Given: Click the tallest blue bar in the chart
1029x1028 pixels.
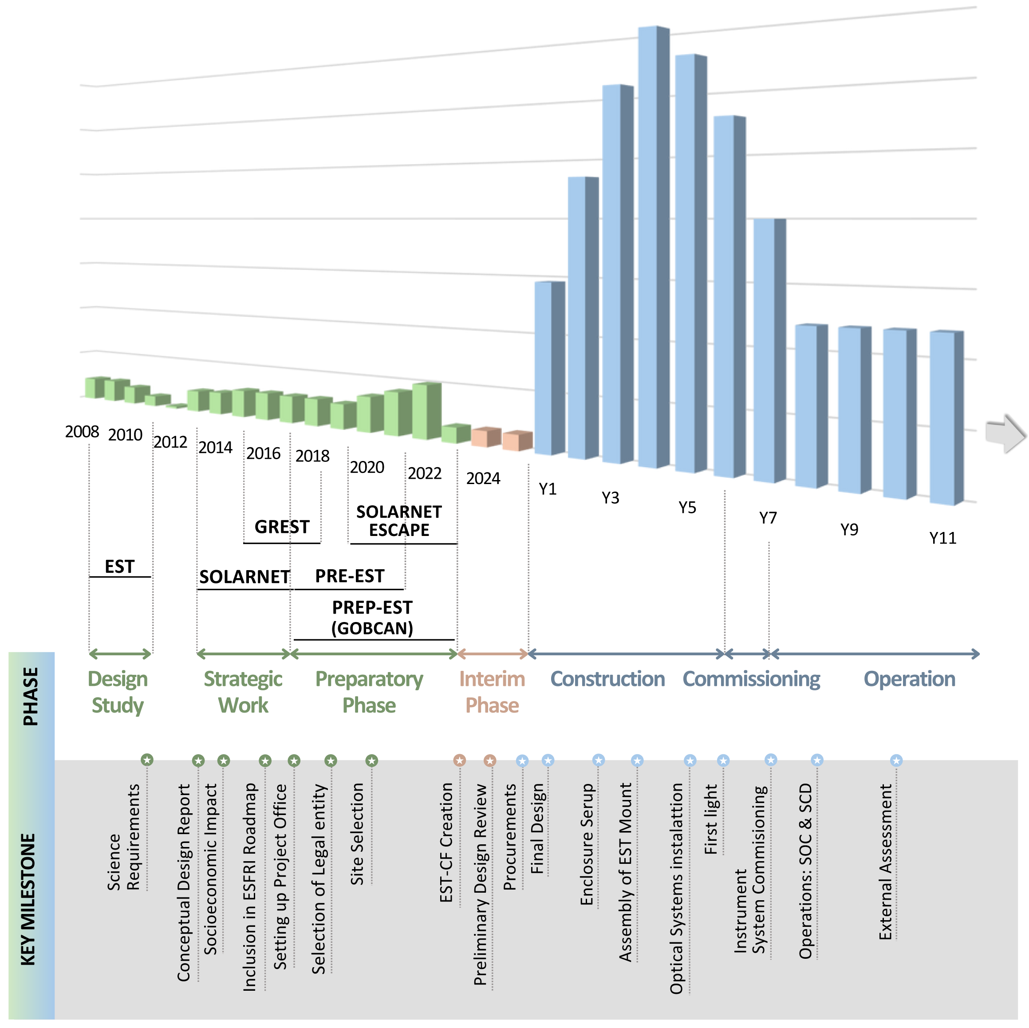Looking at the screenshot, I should (653, 245).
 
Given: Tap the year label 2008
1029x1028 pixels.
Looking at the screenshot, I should (82, 431).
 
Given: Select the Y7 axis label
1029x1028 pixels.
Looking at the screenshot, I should (768, 518).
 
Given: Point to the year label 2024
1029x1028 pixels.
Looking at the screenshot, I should (483, 478).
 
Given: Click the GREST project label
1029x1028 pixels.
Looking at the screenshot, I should (282, 527).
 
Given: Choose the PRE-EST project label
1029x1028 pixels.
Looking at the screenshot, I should (349, 576).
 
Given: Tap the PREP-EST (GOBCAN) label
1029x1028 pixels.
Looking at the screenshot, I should (372, 618).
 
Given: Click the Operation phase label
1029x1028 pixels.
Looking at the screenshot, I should (909, 679).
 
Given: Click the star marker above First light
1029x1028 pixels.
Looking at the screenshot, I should (723, 760).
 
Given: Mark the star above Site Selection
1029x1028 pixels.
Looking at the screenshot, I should (372, 760).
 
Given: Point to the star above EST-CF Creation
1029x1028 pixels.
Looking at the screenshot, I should (460, 760).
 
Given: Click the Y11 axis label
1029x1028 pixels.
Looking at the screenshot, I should (943, 538).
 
